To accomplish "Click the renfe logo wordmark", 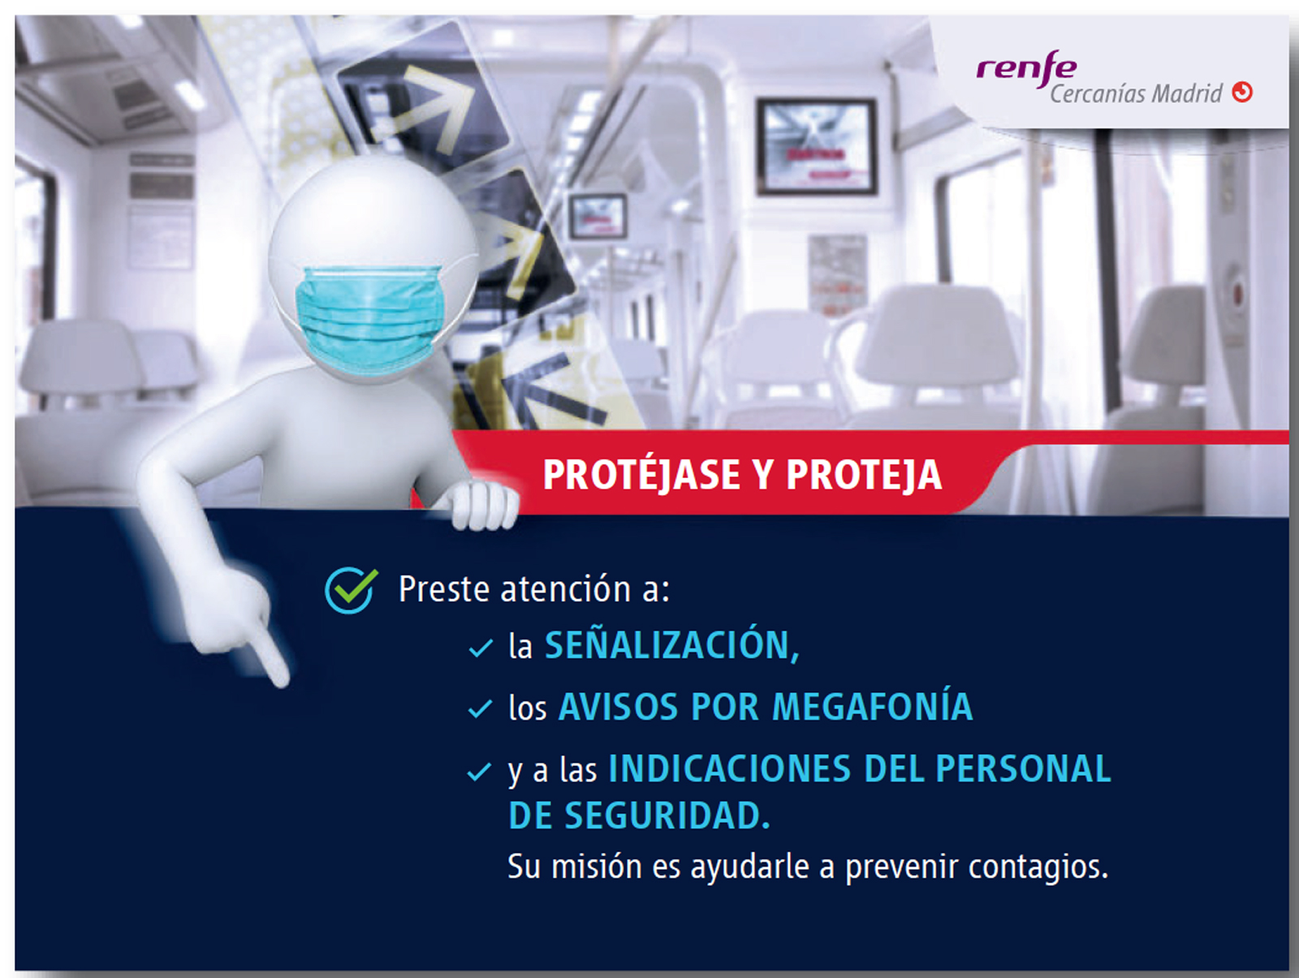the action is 1027,69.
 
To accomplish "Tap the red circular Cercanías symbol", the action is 1242,93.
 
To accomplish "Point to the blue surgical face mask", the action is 370,320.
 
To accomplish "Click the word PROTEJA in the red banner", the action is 864,475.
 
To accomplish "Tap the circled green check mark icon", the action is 351,590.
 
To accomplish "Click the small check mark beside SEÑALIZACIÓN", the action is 480,648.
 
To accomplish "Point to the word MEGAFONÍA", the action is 872,706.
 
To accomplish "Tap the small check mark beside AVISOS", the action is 480,709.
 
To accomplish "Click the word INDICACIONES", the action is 730,768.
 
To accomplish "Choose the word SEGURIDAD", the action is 667,816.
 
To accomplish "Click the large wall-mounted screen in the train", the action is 817,146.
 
